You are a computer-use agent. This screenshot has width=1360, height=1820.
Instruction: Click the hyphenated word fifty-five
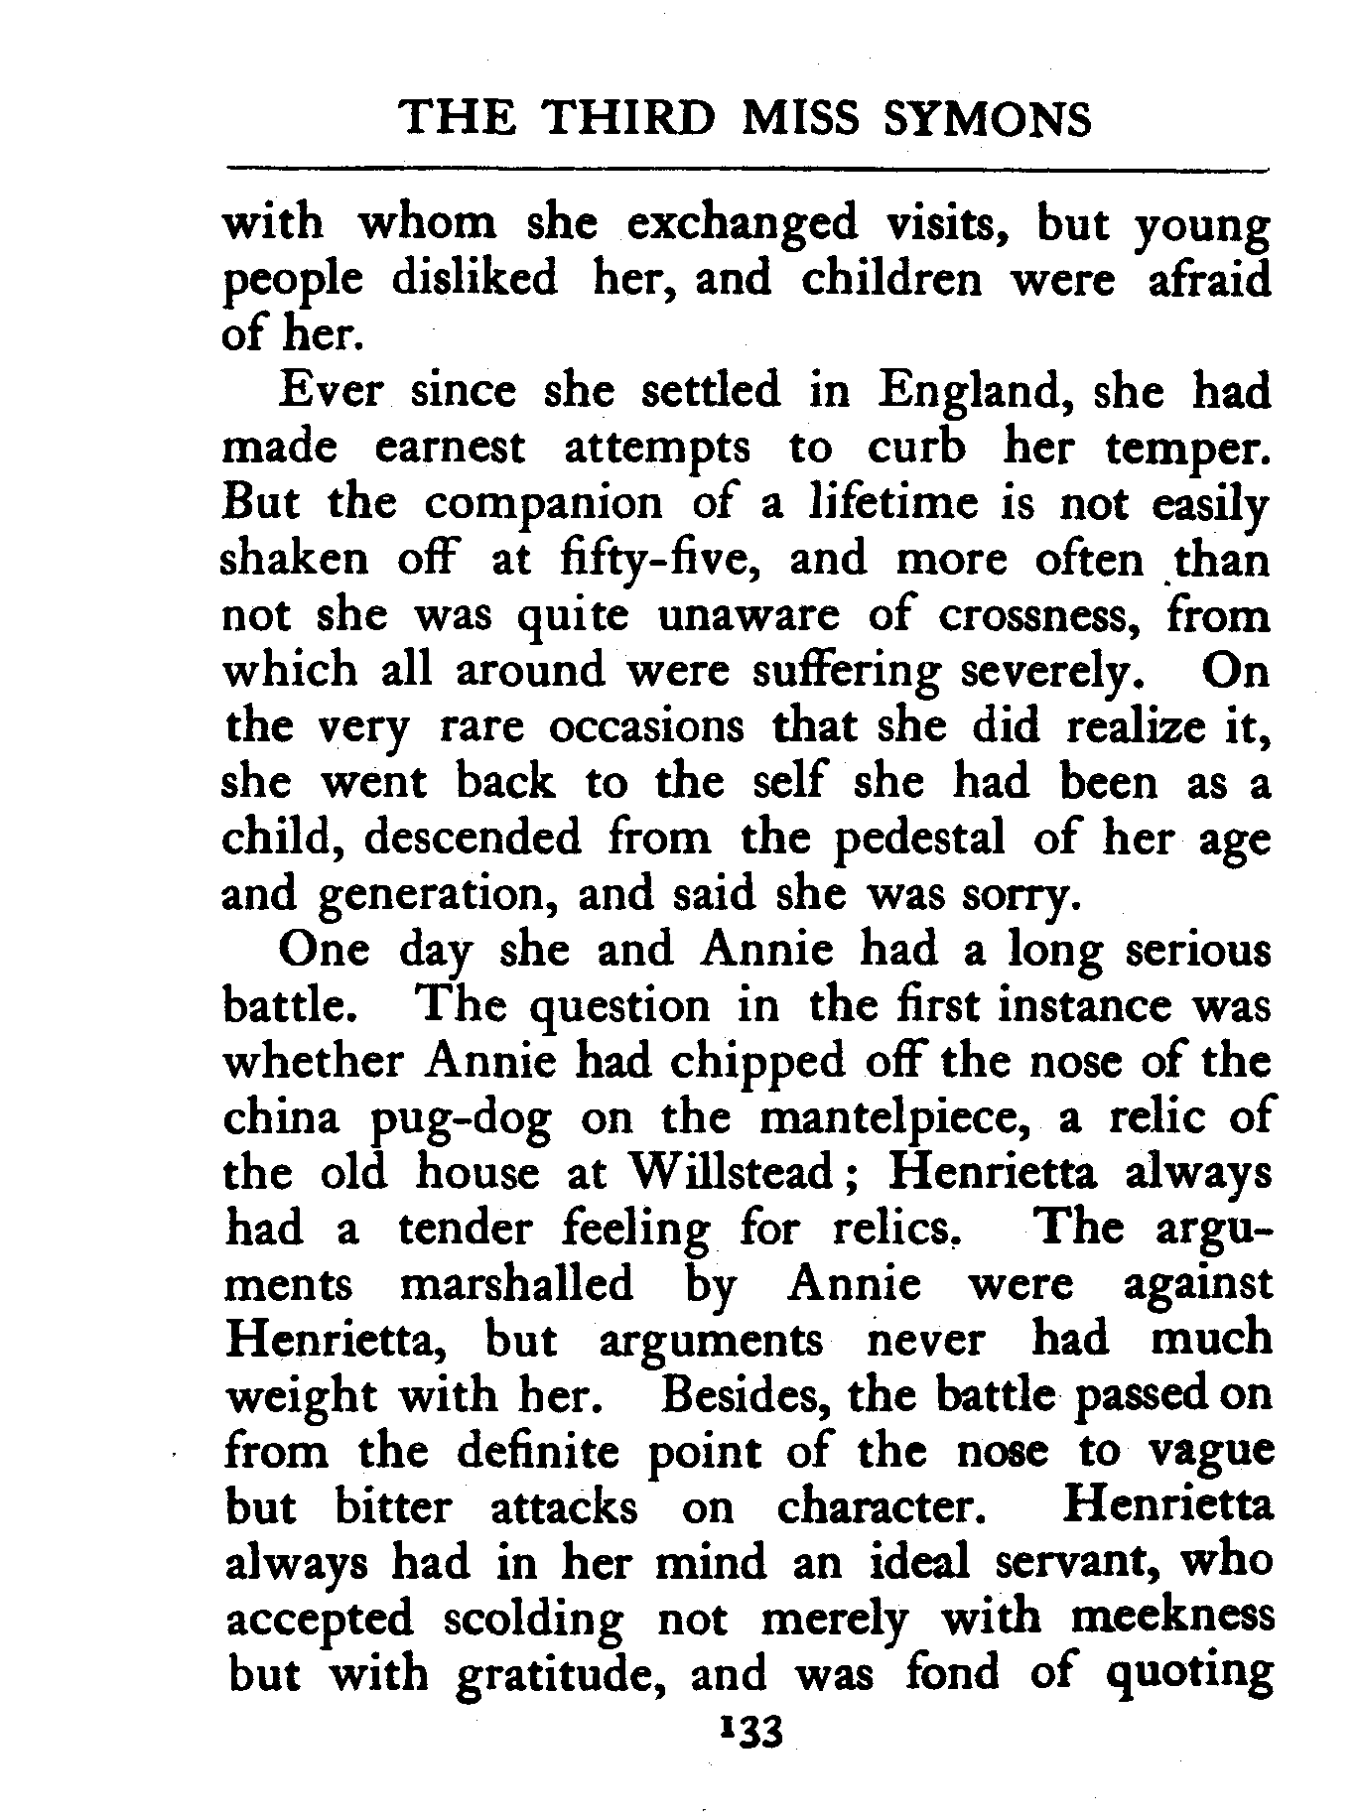coord(646,561)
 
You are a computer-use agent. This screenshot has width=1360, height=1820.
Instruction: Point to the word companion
coord(543,503)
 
